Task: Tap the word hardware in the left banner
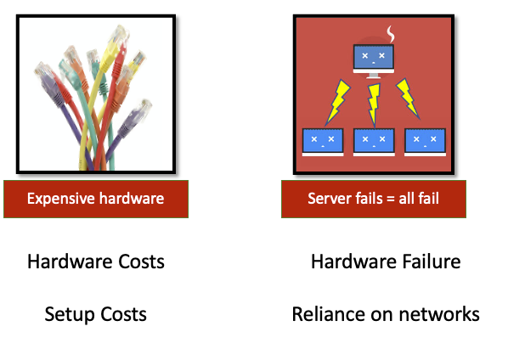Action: click(x=132, y=198)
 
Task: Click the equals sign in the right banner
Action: click(x=391, y=199)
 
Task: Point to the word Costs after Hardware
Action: click(x=141, y=262)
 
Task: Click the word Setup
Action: click(x=70, y=315)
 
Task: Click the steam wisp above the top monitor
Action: click(x=391, y=34)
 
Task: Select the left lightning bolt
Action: click(x=337, y=103)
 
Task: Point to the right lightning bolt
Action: click(x=408, y=98)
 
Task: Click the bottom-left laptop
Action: click(x=323, y=143)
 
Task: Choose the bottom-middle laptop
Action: click(x=374, y=143)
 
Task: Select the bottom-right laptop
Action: click(x=425, y=143)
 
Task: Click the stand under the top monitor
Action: click(x=374, y=76)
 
